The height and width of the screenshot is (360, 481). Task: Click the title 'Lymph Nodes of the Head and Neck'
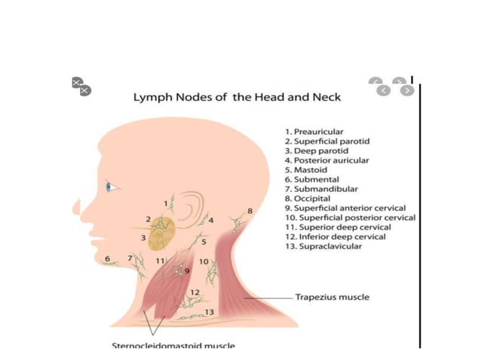pyautogui.click(x=237, y=97)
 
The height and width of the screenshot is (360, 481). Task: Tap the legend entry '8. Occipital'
pyautogui.click(x=308, y=199)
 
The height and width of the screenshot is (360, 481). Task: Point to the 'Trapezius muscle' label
pyautogui.click(x=332, y=297)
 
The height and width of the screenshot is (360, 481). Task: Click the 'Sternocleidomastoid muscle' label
pyautogui.click(x=173, y=346)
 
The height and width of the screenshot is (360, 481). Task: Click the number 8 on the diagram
pyautogui.click(x=250, y=210)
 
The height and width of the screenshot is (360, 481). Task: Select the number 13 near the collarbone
pyautogui.click(x=210, y=312)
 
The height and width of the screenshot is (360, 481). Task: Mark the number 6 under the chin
pyautogui.click(x=108, y=258)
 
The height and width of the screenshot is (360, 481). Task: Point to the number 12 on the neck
pyautogui.click(x=195, y=292)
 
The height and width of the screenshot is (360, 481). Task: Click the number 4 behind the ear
pyautogui.click(x=212, y=221)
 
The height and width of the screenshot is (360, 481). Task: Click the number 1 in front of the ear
pyautogui.click(x=164, y=203)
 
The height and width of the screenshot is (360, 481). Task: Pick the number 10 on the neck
pyautogui.click(x=204, y=261)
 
